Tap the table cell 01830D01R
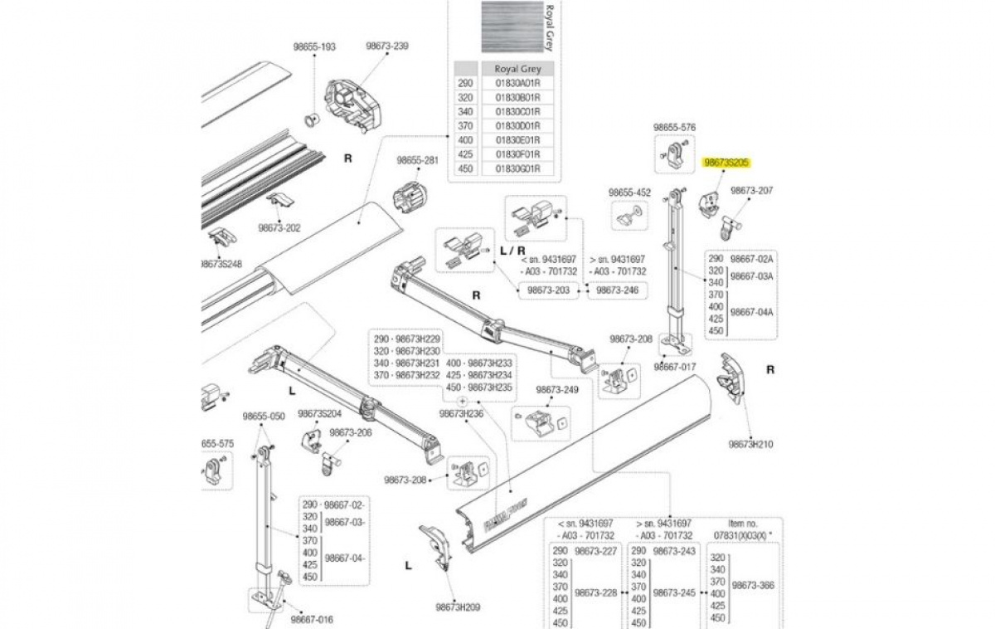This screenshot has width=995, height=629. [517, 125]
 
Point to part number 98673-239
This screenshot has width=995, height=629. [387, 46]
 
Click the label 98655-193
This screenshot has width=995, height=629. [313, 47]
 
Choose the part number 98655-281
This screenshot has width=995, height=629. [416, 160]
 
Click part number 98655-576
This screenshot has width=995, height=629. [674, 128]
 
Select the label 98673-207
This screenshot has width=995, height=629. [751, 191]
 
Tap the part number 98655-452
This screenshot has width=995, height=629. [630, 193]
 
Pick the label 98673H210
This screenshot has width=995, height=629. [750, 445]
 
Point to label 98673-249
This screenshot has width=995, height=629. [557, 390]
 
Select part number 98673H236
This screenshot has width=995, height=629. [461, 413]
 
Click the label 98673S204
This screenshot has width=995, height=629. [319, 413]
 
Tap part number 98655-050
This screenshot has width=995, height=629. [264, 417]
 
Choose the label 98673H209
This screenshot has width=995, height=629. [457, 607]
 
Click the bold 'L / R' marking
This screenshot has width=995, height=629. [511, 251]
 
